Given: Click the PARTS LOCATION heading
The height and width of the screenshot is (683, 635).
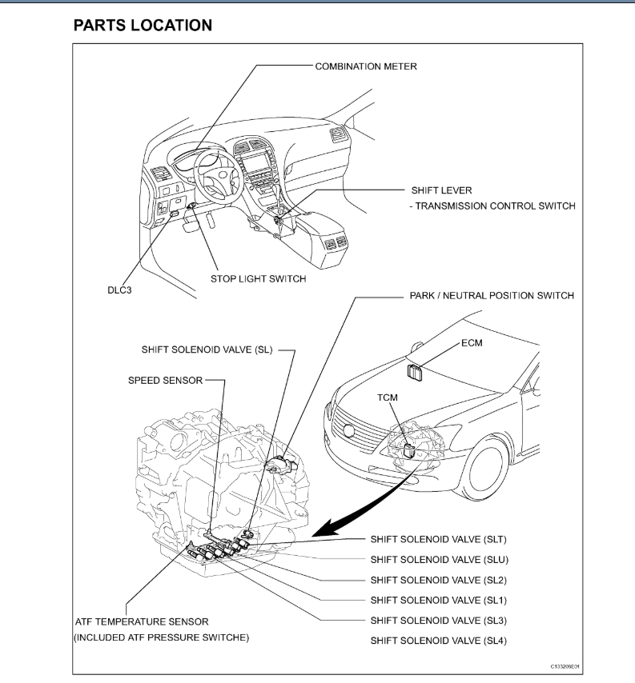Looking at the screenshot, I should (x=143, y=26).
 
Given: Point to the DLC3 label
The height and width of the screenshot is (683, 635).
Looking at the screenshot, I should (x=119, y=290).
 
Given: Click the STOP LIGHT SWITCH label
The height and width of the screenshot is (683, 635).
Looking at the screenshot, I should (x=258, y=279).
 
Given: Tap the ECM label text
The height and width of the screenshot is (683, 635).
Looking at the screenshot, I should (x=472, y=342).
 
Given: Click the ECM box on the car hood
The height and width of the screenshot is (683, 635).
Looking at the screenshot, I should (x=416, y=372).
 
